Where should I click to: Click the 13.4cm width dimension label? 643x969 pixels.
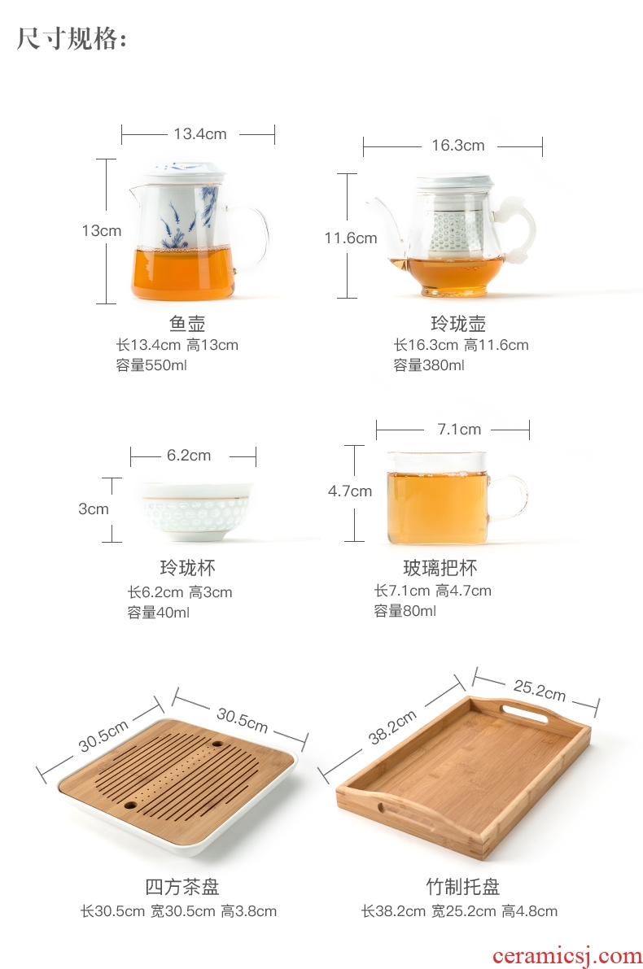[x=199, y=133]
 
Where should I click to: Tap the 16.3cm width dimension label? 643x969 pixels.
[x=458, y=145]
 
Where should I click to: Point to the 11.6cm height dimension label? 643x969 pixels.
[x=351, y=238]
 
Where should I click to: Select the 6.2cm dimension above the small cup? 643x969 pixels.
[x=189, y=456]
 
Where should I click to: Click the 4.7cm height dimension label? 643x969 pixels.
[x=350, y=491]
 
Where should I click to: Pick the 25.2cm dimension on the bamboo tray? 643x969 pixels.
[x=540, y=690]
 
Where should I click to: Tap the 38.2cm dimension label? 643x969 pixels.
[x=392, y=727]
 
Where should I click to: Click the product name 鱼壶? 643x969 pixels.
[x=187, y=323]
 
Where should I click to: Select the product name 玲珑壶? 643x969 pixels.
[x=458, y=323]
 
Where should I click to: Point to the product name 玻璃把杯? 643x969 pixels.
[x=440, y=567]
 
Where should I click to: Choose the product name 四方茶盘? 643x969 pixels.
[x=182, y=887]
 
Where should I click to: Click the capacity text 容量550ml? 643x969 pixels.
[x=151, y=365]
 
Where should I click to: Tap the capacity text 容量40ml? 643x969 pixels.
[x=158, y=613]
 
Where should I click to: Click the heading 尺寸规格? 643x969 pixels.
[x=72, y=39]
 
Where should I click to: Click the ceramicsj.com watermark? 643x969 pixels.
[x=567, y=956]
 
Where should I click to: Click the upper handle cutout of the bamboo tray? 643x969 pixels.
[x=524, y=712]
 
